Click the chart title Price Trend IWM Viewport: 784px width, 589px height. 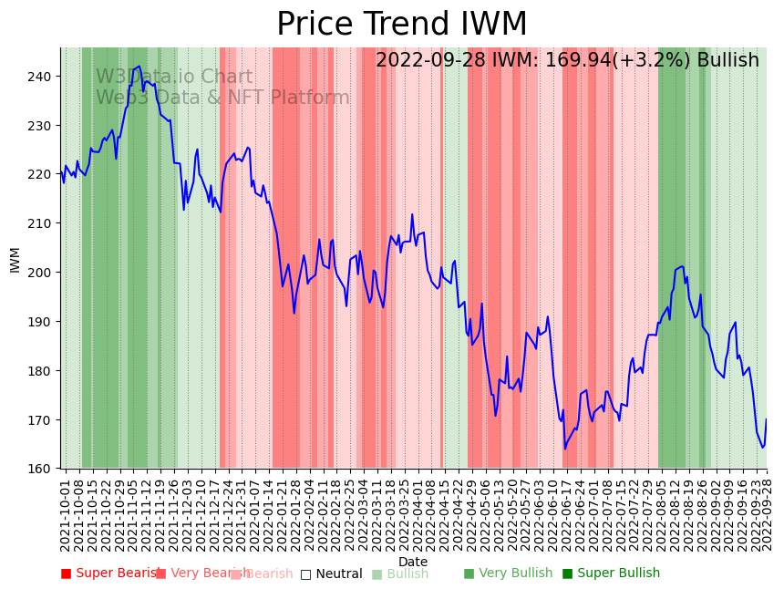tap(401, 25)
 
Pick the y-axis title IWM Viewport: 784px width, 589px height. tap(15, 259)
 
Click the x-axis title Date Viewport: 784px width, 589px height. tap(413, 562)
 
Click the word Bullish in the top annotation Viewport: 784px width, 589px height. tap(727, 60)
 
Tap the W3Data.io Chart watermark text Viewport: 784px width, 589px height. tap(174, 77)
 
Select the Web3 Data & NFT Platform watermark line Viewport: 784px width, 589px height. tap(222, 98)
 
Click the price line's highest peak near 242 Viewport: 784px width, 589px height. tap(139, 67)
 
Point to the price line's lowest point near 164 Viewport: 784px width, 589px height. tap(564, 449)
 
